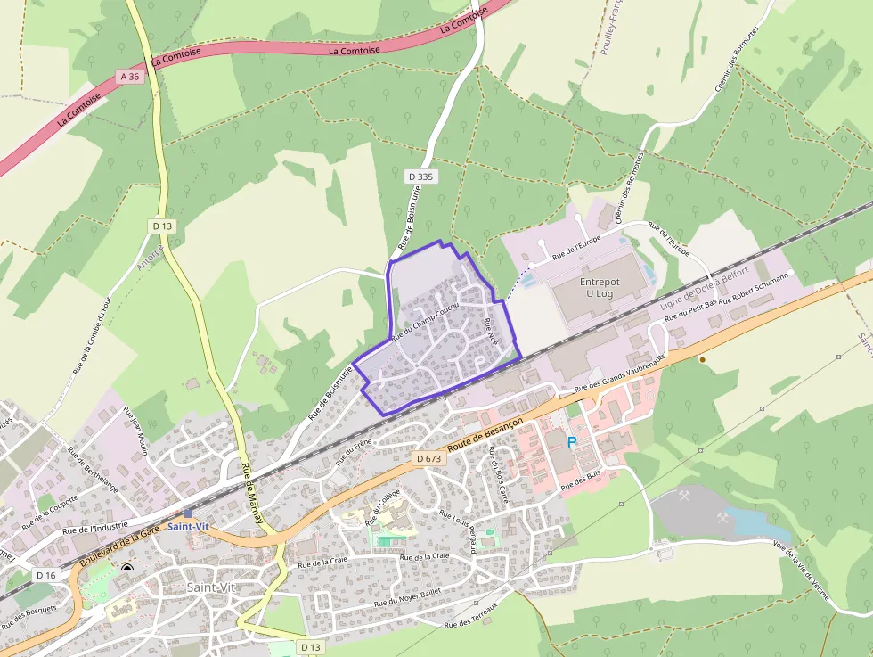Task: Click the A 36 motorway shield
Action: coord(130,77)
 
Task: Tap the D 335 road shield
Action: coord(420,177)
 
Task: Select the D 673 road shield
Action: coord(428,458)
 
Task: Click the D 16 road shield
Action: coord(45,575)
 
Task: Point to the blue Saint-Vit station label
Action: coord(188,527)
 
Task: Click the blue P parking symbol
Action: coord(572,441)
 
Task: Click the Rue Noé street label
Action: coord(490,332)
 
